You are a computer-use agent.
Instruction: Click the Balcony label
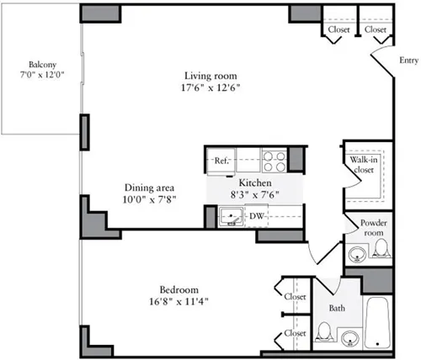41,64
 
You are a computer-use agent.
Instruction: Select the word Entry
408,60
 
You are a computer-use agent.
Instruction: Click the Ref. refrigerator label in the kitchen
222,160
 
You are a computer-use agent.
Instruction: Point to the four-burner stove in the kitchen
274,160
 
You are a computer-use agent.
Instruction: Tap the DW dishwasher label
255,216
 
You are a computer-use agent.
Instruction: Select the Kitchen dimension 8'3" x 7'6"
253,195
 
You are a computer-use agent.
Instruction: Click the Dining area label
149,188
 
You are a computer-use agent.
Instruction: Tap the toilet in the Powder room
381,248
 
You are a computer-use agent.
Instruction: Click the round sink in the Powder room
358,251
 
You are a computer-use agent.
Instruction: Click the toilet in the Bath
325,332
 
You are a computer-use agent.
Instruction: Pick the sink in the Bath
349,338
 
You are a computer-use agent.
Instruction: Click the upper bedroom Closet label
294,297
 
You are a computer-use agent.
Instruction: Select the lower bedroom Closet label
294,333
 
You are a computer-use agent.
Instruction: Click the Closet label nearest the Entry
376,29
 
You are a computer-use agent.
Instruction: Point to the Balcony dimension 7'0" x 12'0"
41,75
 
